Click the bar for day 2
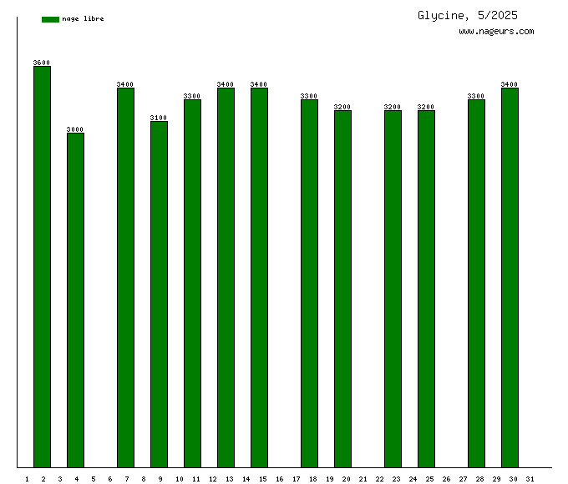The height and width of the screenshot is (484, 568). (x=42, y=267)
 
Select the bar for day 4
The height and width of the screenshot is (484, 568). (x=75, y=300)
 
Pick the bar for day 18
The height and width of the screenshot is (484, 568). (x=309, y=284)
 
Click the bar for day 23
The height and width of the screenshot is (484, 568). (x=393, y=289)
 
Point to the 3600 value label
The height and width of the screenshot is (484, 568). (x=42, y=63)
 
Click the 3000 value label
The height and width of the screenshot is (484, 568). (x=75, y=129)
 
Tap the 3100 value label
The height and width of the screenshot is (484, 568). (x=159, y=118)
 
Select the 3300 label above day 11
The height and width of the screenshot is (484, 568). (x=192, y=96)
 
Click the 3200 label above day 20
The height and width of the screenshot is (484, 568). (x=342, y=107)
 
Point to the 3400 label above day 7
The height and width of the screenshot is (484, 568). (x=125, y=84)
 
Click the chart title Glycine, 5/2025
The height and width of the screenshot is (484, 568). (x=468, y=15)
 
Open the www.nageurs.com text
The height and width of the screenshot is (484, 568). (x=496, y=32)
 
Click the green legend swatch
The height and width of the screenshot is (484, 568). (x=50, y=19)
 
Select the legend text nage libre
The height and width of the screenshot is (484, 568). (x=83, y=19)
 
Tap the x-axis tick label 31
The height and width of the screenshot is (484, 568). (x=530, y=479)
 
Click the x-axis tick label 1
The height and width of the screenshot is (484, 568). (x=27, y=479)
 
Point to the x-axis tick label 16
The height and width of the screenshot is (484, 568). (x=279, y=479)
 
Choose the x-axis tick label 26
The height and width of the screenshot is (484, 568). (x=446, y=479)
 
